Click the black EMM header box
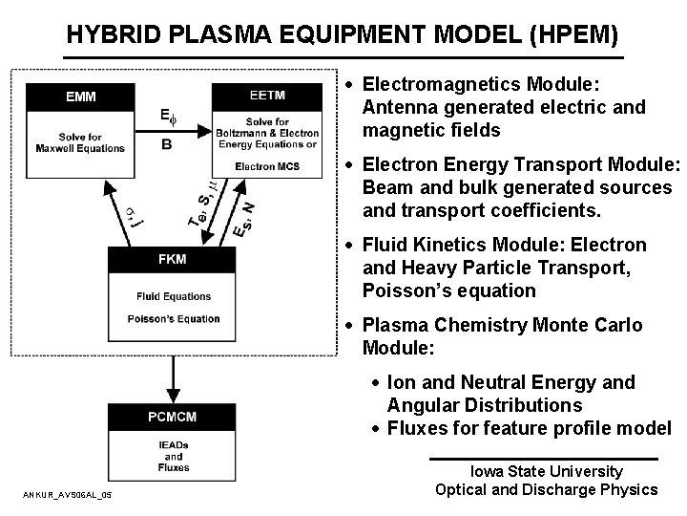pos(79,97)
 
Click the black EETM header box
pos(267,96)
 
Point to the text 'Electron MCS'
pos(266,166)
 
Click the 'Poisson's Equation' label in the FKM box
pos(172,319)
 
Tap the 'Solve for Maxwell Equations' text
pos(80,142)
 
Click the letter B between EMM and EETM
pos(167,145)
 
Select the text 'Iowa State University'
pos(546,471)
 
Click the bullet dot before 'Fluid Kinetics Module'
pos(351,247)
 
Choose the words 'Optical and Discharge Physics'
pos(546,489)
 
